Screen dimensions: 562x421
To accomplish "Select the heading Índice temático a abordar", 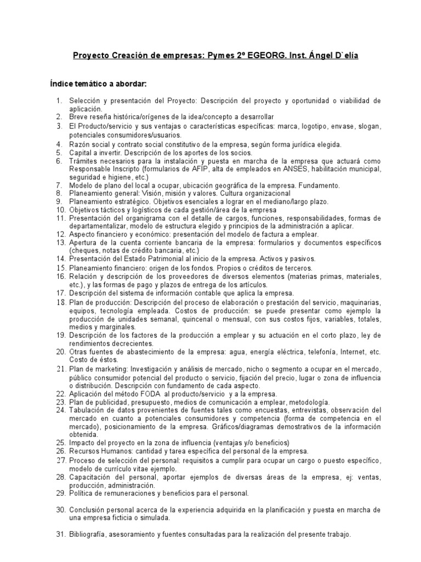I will (98, 84).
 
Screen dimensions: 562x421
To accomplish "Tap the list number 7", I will (60, 186).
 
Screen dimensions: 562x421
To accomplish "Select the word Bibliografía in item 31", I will (89, 533).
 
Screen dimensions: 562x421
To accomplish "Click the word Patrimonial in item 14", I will (162, 258).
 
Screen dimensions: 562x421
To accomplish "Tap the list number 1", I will (60, 102).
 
